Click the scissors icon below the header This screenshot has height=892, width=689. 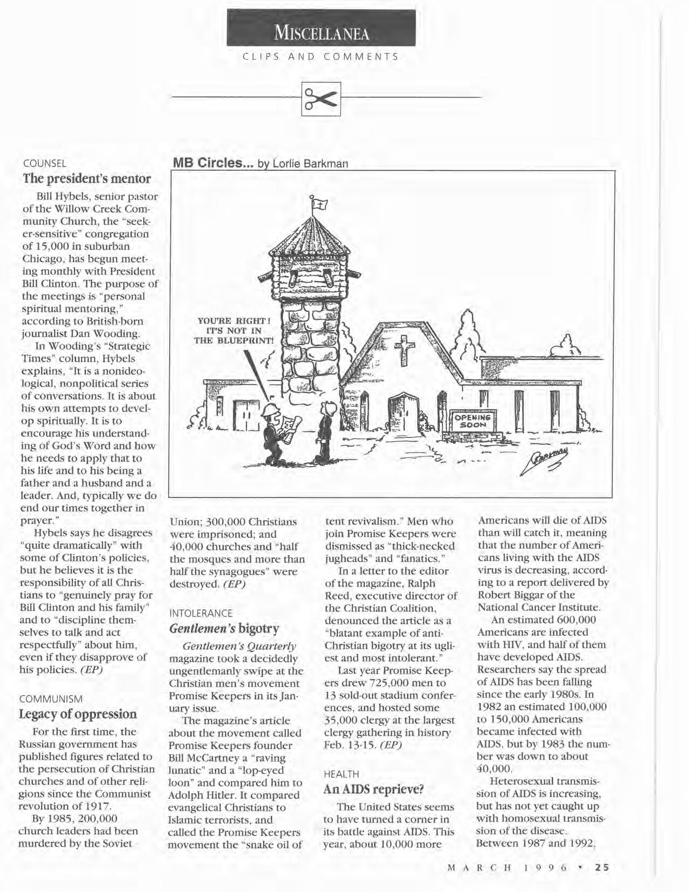pos(322,98)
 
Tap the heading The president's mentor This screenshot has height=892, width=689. pos(86,178)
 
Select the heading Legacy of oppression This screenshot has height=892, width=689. pos(78,714)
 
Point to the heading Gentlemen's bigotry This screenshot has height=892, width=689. pos(224,628)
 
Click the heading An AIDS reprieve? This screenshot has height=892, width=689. pos(373,789)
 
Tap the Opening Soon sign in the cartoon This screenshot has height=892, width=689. pos(472,422)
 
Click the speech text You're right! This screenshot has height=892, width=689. pos(235,321)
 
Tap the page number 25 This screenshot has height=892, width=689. pos(601,868)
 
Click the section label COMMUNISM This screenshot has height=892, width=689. pos(51,699)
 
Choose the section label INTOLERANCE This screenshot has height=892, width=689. pos(201,613)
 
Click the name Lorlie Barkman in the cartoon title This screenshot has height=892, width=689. pos(310,163)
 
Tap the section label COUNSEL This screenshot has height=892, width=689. pos(45,163)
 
